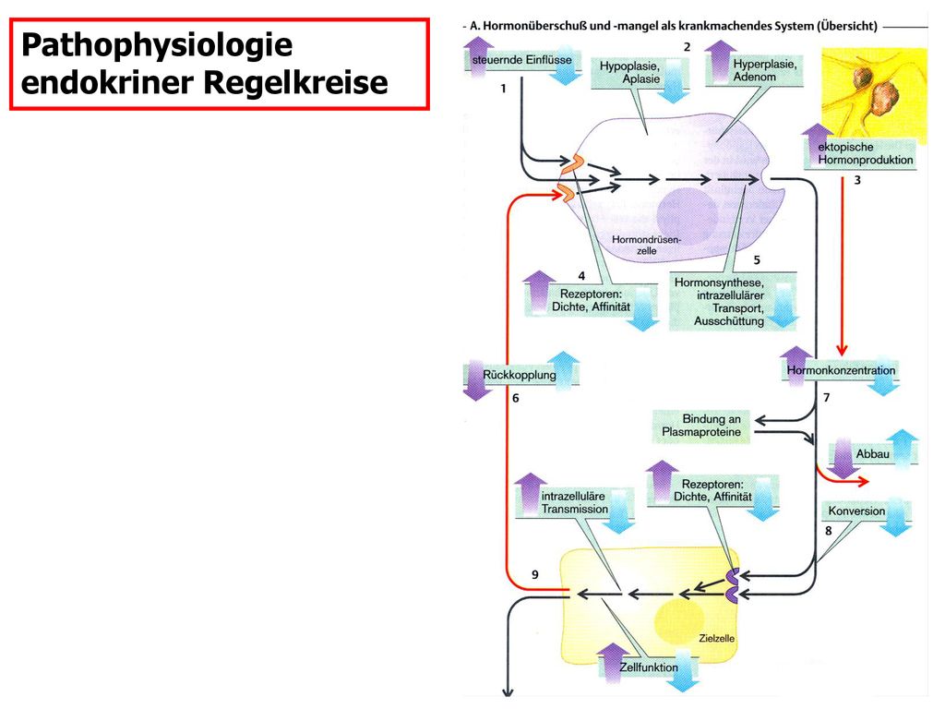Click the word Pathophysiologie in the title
[157, 46]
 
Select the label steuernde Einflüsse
[522, 60]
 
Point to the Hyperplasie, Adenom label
[765, 70]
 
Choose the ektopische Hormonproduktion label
[866, 153]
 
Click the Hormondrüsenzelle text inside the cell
[646, 245]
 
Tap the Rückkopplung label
[520, 375]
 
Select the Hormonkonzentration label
[841, 370]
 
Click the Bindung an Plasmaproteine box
[701, 426]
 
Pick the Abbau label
[873, 454]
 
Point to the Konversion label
[856, 511]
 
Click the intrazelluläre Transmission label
[574, 503]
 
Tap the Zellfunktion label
[649, 667]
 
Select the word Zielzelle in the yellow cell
[716, 639]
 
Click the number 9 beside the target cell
[535, 575]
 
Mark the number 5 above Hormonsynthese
[757, 259]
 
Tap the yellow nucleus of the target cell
[680, 621]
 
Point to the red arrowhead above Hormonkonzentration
[842, 350]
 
